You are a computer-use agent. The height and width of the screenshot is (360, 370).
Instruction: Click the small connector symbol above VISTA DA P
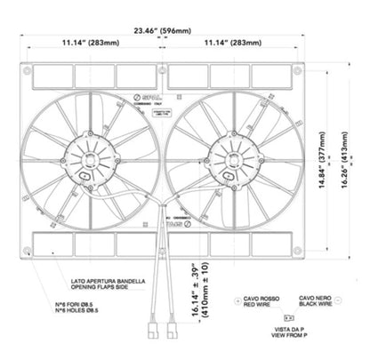286,318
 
